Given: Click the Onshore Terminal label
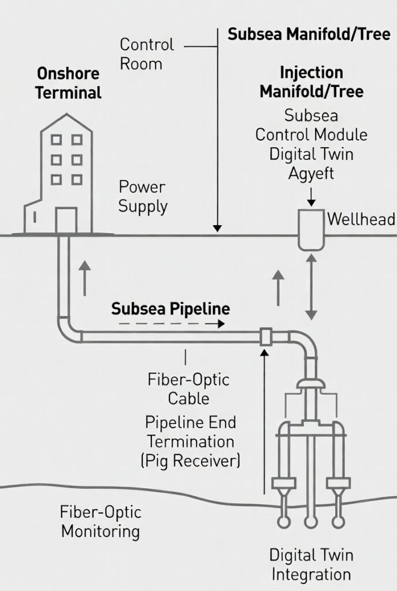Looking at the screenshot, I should [x=68, y=83].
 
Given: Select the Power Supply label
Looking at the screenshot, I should [x=143, y=197].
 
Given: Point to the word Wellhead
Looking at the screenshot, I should [x=361, y=219].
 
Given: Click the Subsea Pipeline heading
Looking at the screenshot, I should [x=170, y=309].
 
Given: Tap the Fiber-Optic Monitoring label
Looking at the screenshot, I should [x=100, y=522].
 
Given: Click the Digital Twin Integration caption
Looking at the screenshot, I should [x=311, y=565].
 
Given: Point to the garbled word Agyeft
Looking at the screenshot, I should [x=311, y=173].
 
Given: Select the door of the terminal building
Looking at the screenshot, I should [x=65, y=220].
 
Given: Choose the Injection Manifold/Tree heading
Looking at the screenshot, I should [x=311, y=83].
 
